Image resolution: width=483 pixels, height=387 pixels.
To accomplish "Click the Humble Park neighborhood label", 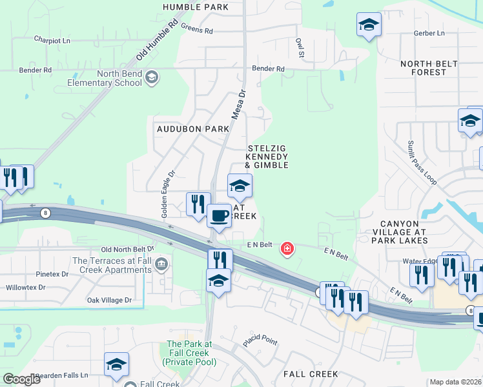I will tap(196, 7).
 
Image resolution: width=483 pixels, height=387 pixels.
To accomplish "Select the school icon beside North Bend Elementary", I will tap(152, 78).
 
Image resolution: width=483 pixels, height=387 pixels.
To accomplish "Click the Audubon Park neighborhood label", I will tap(193, 129).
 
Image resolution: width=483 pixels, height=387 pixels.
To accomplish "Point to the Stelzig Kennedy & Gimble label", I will tap(267, 157).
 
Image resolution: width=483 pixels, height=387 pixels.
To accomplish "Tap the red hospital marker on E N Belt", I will tap(287, 248).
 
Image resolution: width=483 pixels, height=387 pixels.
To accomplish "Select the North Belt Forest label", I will tap(429, 68).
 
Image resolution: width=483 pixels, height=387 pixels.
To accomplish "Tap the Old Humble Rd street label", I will tap(156, 40).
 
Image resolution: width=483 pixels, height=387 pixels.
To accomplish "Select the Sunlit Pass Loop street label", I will tap(422, 163).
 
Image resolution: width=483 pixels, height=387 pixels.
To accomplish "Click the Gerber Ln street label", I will tap(431, 33).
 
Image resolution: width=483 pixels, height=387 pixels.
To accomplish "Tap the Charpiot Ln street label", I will tap(52, 39).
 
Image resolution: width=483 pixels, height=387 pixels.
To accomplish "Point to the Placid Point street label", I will tap(260, 340).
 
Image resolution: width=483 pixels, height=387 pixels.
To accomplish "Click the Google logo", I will tap(21, 379).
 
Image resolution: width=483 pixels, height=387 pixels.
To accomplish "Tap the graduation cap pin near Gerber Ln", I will tap(369, 25).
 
